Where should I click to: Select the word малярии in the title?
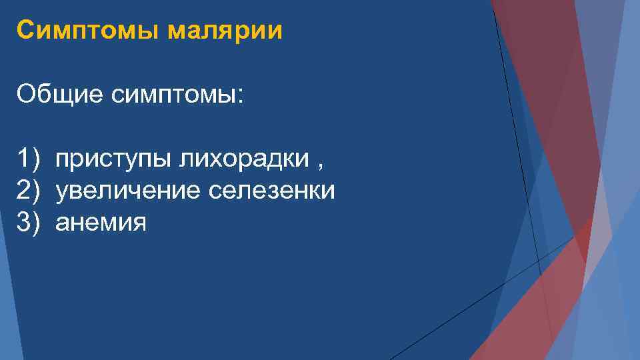pyautogui.click(x=225, y=31)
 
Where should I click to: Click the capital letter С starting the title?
pyautogui.click(x=25, y=31)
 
